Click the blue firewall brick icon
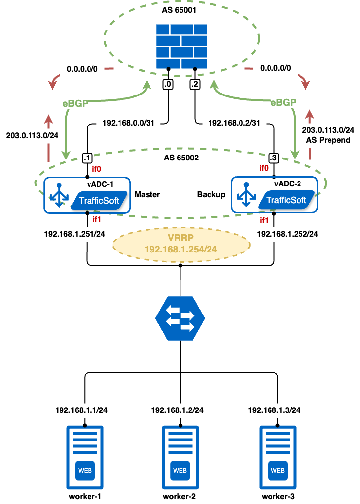181,47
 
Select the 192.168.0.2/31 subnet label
234,123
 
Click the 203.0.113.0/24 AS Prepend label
328,135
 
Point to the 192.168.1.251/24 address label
74,234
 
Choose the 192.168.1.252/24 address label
287,234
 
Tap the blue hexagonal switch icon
180,318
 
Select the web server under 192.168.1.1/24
85,458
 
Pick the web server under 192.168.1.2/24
180,458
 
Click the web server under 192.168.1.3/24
278,458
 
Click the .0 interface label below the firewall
168,85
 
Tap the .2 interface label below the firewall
195,85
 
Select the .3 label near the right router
273,158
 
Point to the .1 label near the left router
87,158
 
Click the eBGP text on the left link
75,103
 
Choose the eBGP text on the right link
284,103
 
